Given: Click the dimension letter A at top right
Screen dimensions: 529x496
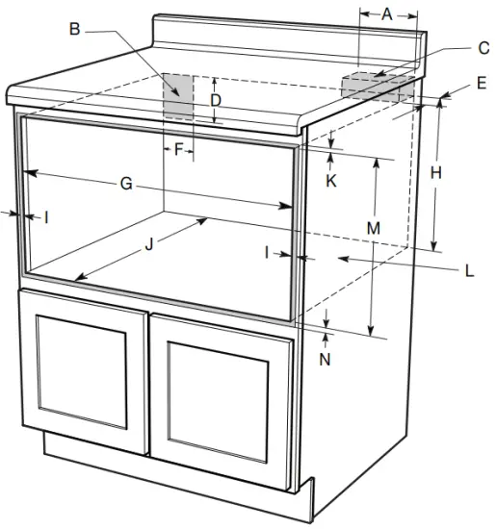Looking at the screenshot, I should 387,13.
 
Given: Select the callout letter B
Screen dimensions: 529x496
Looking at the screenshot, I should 75,29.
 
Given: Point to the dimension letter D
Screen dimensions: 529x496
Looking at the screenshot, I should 216,100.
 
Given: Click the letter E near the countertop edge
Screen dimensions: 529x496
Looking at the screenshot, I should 481,84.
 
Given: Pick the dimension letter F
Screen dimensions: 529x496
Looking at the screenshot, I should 178,149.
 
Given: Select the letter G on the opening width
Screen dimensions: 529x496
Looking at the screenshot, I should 126,184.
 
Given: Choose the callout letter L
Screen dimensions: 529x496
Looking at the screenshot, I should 469,271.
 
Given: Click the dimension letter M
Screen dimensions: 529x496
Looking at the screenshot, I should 374,228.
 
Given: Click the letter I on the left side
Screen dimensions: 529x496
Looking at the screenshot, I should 46,218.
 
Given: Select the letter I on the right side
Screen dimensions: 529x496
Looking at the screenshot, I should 269,252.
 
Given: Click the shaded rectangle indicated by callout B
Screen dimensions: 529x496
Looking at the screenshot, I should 178,96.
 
